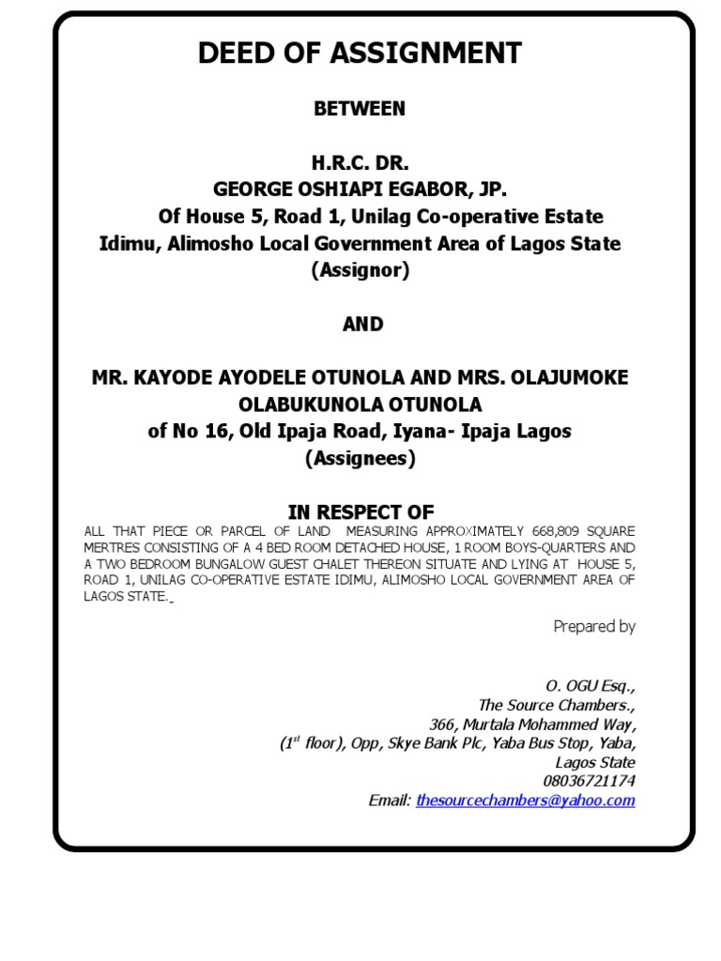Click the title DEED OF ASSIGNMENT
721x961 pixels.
pyautogui.click(x=360, y=54)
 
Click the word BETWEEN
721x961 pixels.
pyautogui.click(x=360, y=109)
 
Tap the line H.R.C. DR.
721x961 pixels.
pyautogui.click(x=360, y=163)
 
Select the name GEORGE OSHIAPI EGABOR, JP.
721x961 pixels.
pyautogui.click(x=360, y=190)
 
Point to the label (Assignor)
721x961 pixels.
pyautogui.click(x=360, y=271)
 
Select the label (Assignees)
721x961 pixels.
pyautogui.click(x=360, y=460)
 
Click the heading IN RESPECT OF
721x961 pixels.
pyautogui.click(x=360, y=512)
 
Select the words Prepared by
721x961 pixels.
pyautogui.click(x=594, y=627)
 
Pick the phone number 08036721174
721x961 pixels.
pyautogui.click(x=589, y=781)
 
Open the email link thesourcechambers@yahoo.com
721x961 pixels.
pyautogui.click(x=525, y=801)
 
